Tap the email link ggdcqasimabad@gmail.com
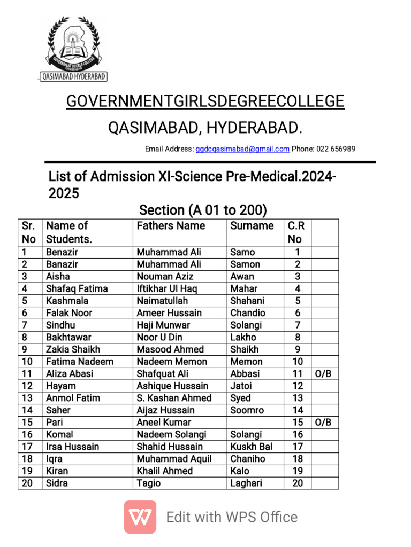coord(242,149)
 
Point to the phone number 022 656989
coord(336,149)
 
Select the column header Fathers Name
coord(171,226)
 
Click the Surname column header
coord(252,226)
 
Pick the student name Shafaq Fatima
coord(77,288)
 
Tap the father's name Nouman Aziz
coord(165,276)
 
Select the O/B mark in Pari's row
coord(323,423)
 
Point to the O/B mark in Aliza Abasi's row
coord(323,374)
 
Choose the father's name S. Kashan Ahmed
coord(174,398)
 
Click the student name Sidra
coord(57,483)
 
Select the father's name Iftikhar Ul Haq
coord(166,288)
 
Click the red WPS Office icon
coord(140,517)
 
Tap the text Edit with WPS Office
coord(232,517)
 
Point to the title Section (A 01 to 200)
coord(203,210)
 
